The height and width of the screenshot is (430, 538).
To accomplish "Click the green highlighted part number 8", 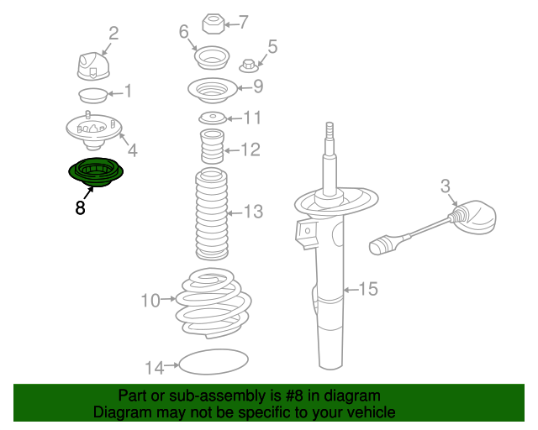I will point(96,173).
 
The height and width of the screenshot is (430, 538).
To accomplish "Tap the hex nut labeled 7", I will point(213,23).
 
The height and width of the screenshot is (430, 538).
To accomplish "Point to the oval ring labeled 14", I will point(215,364).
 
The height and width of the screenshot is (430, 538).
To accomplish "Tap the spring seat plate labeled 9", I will point(210,88).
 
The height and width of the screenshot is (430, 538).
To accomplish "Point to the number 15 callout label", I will point(368,290).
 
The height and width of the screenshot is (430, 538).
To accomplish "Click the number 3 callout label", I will point(446,186).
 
